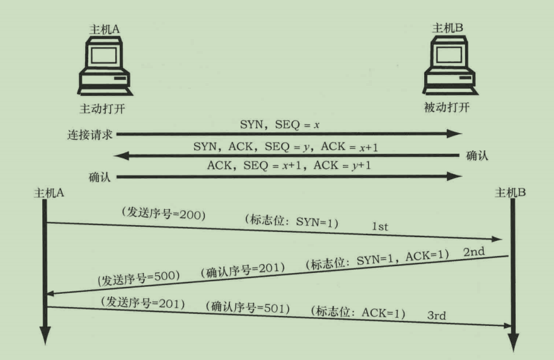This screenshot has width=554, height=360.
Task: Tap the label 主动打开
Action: (103, 108)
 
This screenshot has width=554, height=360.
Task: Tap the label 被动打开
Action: (448, 108)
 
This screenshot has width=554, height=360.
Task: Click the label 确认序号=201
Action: (242, 270)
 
